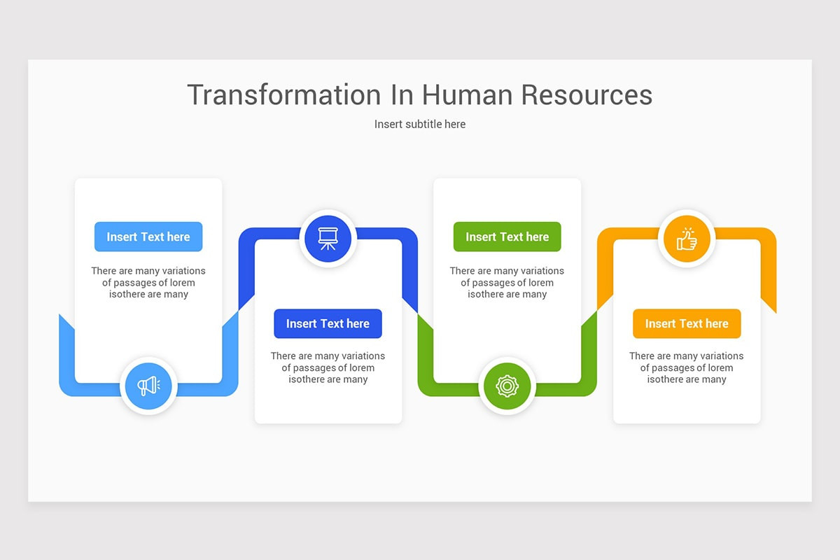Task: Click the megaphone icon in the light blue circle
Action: coord(148,386)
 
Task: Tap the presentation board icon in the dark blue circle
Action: coord(328,239)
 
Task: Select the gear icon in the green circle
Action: coord(507,386)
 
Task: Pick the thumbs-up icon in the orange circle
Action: coord(687,239)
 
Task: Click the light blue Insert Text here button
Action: coord(148,237)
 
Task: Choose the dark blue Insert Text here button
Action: coord(328,324)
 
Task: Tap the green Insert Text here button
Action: coord(507,237)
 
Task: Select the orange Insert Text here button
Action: coord(687,324)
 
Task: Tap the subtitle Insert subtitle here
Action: coord(420,125)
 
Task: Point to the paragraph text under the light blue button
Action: coord(148,283)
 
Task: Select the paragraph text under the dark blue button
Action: coord(328,368)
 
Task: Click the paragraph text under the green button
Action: coord(507,283)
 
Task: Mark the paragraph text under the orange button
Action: coord(687,368)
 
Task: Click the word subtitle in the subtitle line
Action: coord(421,125)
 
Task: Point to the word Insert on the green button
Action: coord(481,237)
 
